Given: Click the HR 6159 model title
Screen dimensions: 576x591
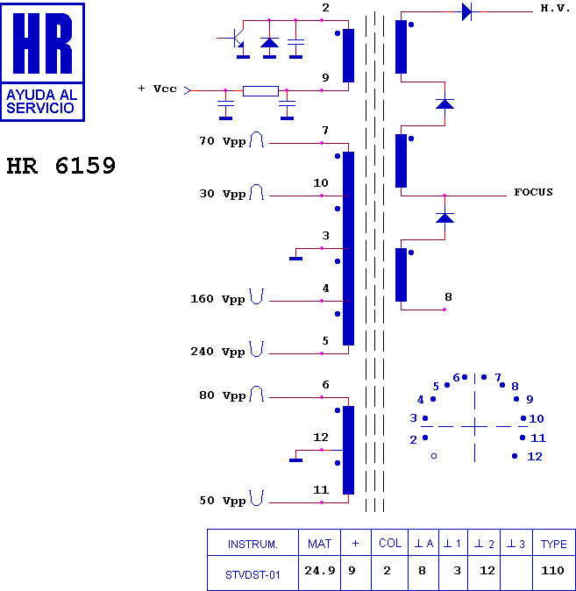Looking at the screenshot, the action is point(61,166).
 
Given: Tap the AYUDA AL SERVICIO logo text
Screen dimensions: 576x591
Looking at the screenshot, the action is point(41,102).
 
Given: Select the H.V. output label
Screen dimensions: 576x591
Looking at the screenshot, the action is point(555,8).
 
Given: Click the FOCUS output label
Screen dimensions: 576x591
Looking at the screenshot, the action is point(533,192).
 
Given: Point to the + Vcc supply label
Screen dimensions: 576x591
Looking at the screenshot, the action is point(158,89).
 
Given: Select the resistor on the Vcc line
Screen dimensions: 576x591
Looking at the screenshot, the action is point(261,91).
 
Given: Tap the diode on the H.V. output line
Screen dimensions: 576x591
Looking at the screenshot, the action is point(466,11).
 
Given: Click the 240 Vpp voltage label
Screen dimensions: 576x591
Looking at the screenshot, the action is point(217,352).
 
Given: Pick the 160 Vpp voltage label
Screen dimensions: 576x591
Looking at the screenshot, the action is point(217,299).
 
